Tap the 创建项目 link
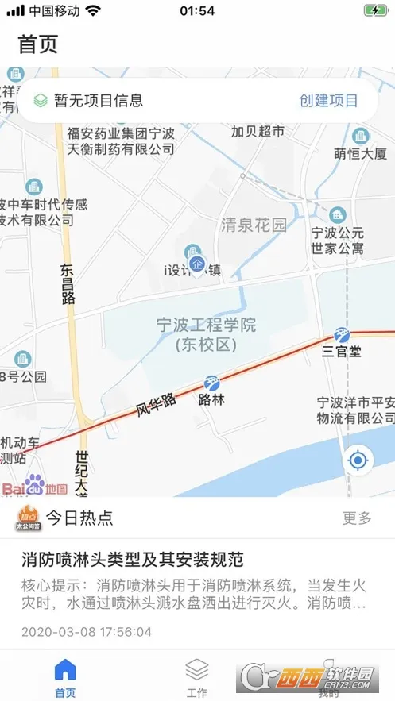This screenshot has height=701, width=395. (328, 101)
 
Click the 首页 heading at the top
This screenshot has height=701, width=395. (38, 44)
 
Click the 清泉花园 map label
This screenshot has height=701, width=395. (253, 225)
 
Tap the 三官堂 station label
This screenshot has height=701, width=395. (342, 351)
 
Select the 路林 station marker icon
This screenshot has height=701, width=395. (211, 383)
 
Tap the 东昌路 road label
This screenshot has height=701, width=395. (67, 284)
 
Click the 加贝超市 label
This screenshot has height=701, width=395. (257, 132)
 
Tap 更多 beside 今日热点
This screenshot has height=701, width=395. (357, 518)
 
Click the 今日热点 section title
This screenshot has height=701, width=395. (79, 518)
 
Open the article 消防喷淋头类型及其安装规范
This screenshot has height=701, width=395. (132, 559)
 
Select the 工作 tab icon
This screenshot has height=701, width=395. (196, 668)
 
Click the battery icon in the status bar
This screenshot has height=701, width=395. (374, 11)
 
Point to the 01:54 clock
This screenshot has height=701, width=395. (197, 11)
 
